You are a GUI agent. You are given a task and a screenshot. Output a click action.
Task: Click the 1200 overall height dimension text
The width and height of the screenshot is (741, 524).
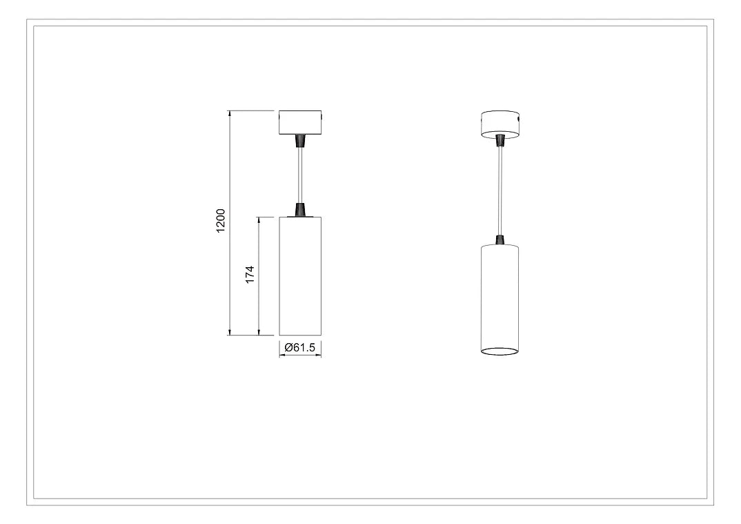tap(221, 221)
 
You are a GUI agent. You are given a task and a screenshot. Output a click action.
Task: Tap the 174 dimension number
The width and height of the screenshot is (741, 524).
tap(250, 274)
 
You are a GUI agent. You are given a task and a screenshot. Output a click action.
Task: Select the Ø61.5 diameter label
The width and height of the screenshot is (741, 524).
tap(300, 347)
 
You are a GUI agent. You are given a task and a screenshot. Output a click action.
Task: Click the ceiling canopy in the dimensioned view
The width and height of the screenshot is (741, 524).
tap(300, 122)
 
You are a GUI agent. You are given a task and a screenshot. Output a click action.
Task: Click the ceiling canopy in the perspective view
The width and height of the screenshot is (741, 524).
tap(500, 122)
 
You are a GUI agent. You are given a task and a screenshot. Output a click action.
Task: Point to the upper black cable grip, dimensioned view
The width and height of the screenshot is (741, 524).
tap(300, 140)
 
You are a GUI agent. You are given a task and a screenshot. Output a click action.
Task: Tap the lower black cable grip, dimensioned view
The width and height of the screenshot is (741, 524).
tap(300, 209)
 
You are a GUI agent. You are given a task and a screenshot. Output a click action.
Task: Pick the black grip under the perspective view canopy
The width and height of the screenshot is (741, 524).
tap(500, 141)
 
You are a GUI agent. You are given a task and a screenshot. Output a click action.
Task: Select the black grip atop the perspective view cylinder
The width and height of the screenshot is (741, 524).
tap(500, 240)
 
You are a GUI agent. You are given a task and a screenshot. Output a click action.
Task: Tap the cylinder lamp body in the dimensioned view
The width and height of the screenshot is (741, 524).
tap(300, 276)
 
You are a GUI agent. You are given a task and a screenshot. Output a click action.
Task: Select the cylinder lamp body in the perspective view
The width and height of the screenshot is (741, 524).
tap(500, 297)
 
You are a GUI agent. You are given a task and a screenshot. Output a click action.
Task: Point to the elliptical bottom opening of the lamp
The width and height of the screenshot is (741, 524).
tap(500, 351)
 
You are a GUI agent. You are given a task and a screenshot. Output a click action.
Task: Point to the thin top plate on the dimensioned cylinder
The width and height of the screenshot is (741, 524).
tap(300, 217)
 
